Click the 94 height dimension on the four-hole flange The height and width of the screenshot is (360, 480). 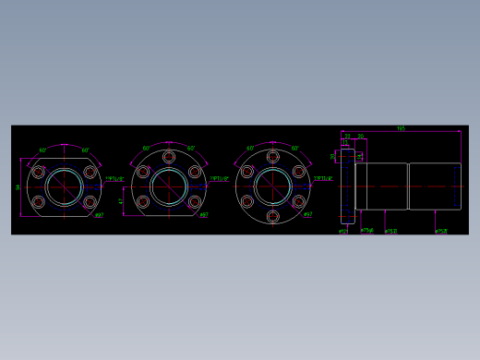pyautogui.click(x=18, y=186)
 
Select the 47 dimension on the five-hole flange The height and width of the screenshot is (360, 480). pyautogui.click(x=121, y=200)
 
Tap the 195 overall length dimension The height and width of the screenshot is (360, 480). pyautogui.click(x=401, y=129)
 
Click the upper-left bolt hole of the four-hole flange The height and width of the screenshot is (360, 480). pyautogui.click(x=39, y=173)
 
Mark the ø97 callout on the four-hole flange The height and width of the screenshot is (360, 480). pyautogui.click(x=99, y=216)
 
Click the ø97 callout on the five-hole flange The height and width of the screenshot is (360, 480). pyautogui.click(x=204, y=216)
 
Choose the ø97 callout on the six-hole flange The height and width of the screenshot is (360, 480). pyautogui.click(x=308, y=216)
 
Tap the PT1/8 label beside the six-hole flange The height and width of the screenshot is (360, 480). pyautogui.click(x=323, y=178)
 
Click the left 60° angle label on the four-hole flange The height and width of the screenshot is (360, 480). pyautogui.click(x=43, y=150)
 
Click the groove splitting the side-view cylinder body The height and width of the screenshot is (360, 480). pyautogui.click(x=409, y=186)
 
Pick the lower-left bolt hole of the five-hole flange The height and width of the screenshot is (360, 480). pyautogui.click(x=142, y=202)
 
